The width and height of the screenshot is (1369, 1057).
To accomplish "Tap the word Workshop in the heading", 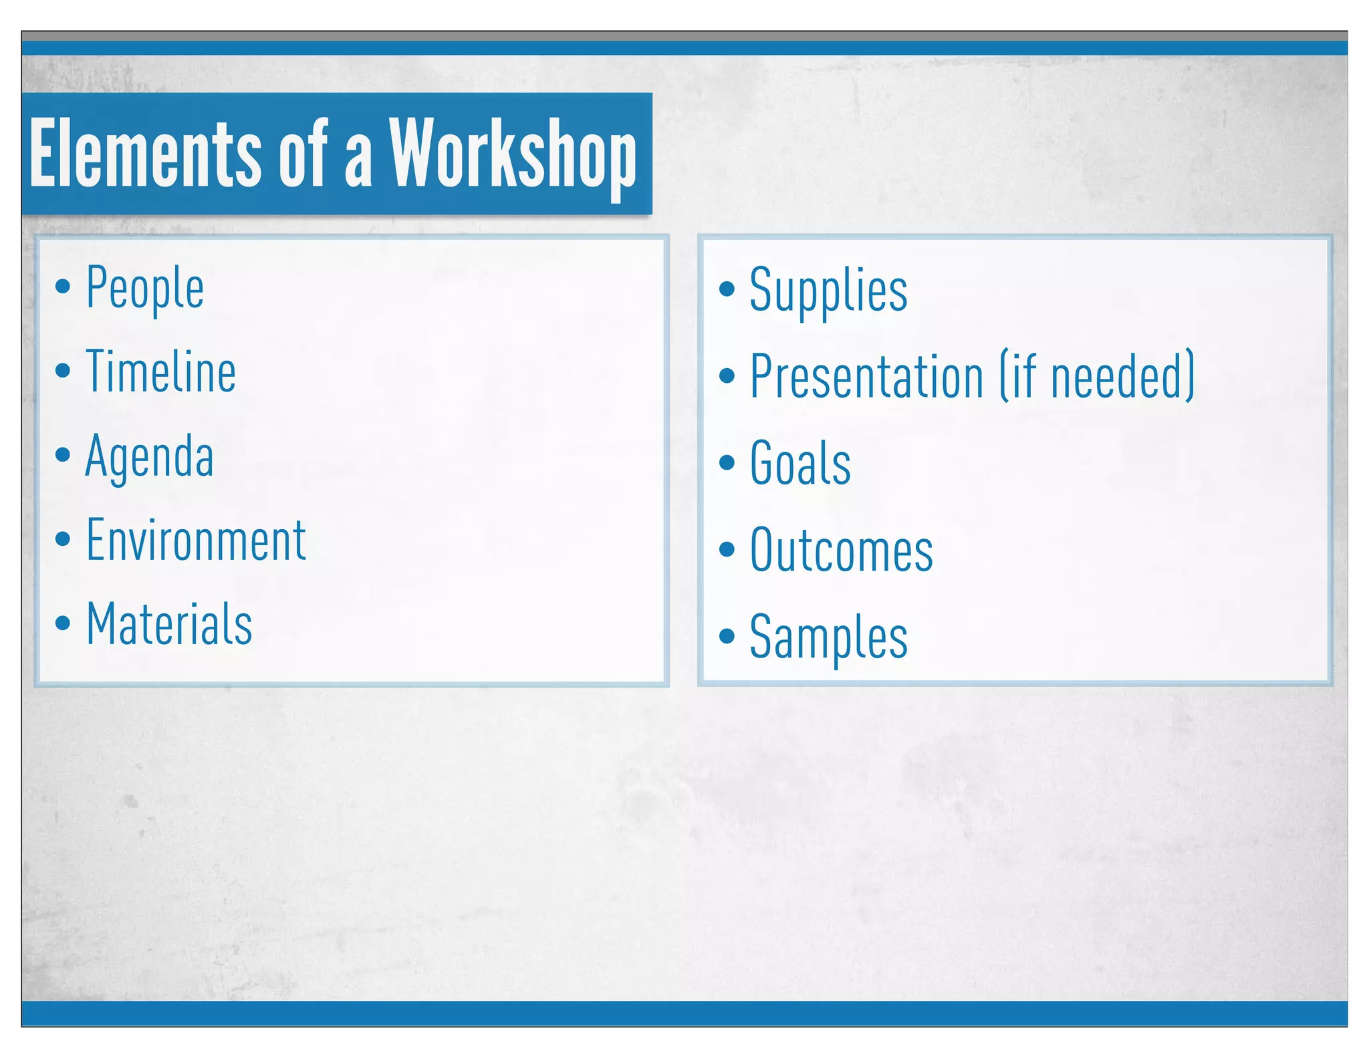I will point(513,154).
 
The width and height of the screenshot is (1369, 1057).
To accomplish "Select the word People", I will point(145,288).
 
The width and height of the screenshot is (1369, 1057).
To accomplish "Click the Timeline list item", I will point(160,371).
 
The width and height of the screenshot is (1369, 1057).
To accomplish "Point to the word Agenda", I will point(150,456).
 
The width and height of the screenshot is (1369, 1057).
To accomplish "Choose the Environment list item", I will point(196,540).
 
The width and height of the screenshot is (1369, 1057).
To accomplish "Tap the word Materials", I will point(169,623).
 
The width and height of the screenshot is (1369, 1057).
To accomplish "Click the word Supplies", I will point(828,291).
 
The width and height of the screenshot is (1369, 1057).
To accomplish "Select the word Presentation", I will point(866,376).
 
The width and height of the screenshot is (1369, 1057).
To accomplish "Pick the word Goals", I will point(800,462).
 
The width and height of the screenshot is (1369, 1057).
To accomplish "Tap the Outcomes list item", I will point(841,550).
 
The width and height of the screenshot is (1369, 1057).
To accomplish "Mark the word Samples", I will point(828,637).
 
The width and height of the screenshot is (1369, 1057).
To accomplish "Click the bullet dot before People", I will point(63,287).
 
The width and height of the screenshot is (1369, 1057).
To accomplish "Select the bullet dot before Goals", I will point(727,462).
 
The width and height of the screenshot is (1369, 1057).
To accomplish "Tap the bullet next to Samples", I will point(727,635).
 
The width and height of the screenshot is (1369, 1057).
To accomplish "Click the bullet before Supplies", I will point(727,289).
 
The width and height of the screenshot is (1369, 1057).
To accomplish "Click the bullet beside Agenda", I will point(63,455).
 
